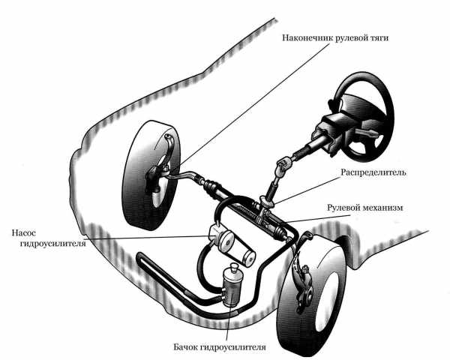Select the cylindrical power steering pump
pyautogui.click(x=223, y=241)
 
